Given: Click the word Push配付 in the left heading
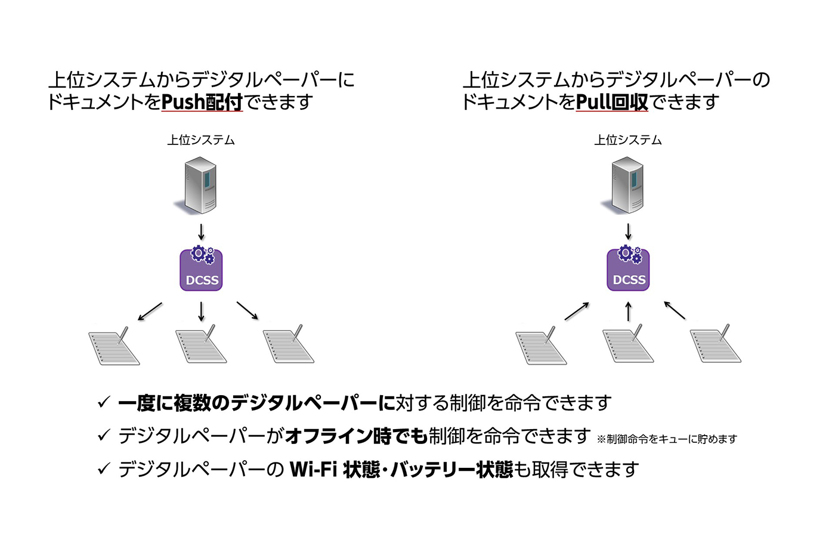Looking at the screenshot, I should [x=202, y=102].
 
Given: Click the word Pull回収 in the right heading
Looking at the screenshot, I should [x=612, y=102].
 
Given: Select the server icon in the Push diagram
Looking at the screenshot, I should [x=200, y=185].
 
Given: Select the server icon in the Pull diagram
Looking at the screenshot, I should [x=627, y=185].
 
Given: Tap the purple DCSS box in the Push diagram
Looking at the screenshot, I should [x=202, y=270].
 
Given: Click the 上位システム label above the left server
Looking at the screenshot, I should [x=201, y=140].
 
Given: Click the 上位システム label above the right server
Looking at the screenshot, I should [x=628, y=140].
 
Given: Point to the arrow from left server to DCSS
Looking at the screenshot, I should [x=202, y=232].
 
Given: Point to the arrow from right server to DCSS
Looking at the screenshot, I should [x=628, y=232].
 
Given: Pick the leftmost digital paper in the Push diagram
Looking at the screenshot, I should [x=114, y=346].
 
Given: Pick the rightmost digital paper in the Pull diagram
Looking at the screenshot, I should [x=715, y=345].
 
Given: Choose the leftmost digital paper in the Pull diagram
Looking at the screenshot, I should [x=541, y=346].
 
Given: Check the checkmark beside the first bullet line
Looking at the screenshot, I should [x=104, y=402].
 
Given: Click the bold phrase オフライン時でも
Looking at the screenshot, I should [x=356, y=436].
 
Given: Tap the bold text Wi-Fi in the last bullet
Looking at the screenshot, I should [x=314, y=470].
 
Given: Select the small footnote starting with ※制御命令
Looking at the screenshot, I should [x=667, y=439].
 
